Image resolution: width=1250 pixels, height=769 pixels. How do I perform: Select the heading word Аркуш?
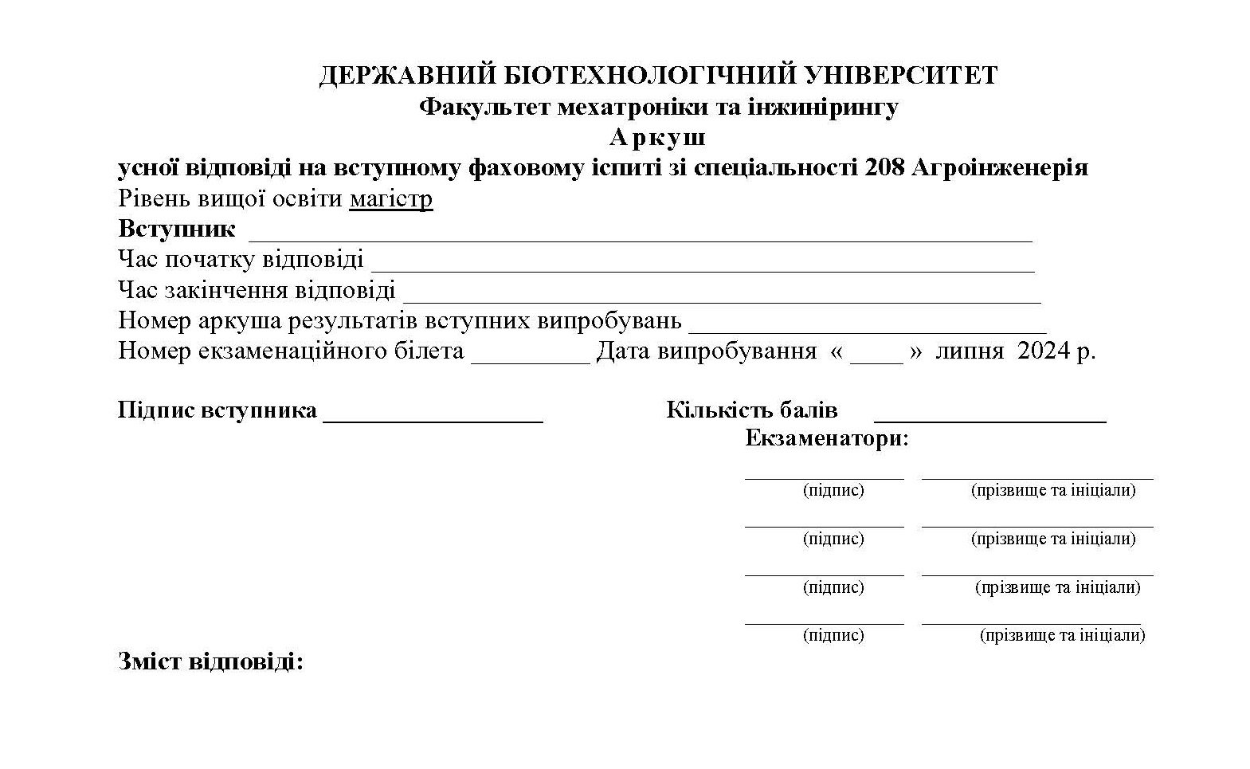(x=657, y=138)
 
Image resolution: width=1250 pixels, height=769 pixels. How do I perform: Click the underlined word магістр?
(x=391, y=198)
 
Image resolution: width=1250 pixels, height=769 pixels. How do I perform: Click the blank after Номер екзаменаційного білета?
(x=531, y=359)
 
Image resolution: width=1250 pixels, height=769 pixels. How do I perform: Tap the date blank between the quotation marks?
(x=876, y=359)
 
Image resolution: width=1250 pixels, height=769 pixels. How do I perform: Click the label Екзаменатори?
(x=826, y=439)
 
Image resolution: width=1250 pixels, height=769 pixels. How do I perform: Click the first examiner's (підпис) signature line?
(x=824, y=477)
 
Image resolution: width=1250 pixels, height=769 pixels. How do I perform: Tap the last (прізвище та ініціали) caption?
(x=1062, y=635)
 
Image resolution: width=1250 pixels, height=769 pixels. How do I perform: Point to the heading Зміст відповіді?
(x=211, y=661)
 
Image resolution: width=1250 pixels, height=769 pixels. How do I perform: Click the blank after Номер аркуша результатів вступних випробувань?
(x=867, y=328)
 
